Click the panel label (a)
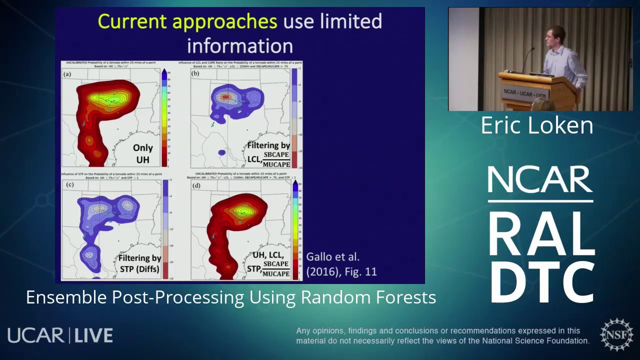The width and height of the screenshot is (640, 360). [x=67, y=74]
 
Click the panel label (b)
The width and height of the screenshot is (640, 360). [x=195, y=74]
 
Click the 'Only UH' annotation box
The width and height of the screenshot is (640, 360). [x=142, y=154]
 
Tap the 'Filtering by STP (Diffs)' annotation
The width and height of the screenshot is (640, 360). [x=139, y=263]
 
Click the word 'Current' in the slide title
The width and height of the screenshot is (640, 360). [x=132, y=21]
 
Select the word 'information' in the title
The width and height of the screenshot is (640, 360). [x=239, y=46]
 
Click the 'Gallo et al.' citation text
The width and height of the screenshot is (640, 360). [x=332, y=257]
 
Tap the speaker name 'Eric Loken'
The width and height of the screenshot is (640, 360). [x=537, y=125]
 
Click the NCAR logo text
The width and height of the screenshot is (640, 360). [x=540, y=180]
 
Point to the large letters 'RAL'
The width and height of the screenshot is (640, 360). [x=541, y=234]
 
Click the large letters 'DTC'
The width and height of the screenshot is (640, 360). [x=541, y=282]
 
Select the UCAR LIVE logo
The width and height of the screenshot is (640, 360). [x=60, y=335]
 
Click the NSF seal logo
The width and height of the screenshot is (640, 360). [x=616, y=334]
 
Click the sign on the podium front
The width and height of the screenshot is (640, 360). [x=525, y=93]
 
